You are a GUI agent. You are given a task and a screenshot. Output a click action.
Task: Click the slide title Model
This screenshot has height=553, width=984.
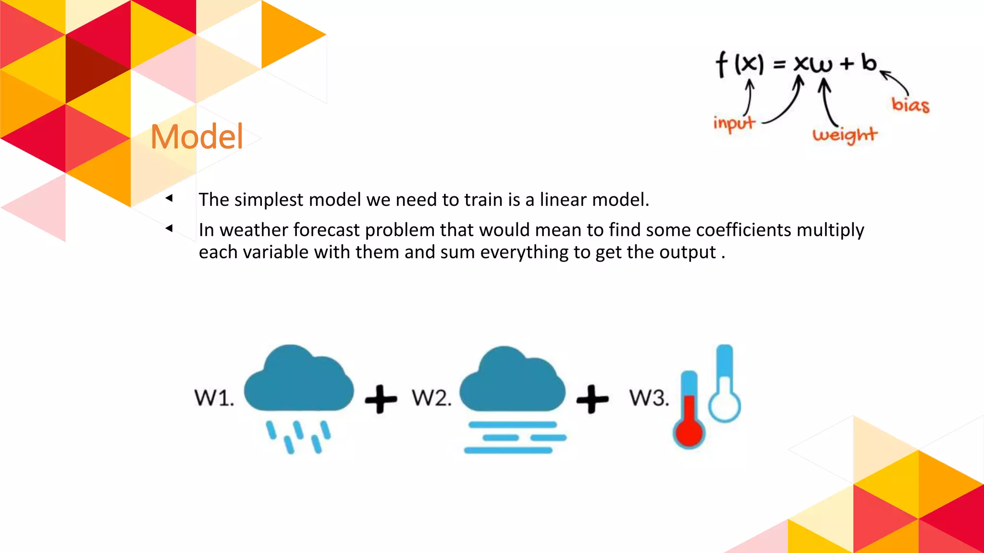pos(197,137)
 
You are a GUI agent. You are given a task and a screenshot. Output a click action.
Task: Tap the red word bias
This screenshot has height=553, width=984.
pos(910,105)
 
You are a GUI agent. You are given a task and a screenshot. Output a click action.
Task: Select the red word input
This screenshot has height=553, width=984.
pos(734,123)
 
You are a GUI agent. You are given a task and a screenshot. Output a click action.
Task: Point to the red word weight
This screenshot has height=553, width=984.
pos(845,135)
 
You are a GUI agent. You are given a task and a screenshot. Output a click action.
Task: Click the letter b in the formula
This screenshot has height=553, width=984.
pos(869,63)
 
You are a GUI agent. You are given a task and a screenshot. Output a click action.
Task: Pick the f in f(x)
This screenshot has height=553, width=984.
pos(722,64)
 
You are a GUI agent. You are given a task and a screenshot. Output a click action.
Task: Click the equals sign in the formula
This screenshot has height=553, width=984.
pos(779,64)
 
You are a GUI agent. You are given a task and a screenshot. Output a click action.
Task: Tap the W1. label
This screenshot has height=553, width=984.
pos(214,398)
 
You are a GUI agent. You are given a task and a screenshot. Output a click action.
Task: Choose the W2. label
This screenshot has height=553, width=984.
pos(431,398)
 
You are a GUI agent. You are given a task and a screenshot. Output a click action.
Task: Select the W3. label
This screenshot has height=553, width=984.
pos(649,398)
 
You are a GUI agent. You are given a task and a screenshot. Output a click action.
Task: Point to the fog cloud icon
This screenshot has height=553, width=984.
pos(513,398)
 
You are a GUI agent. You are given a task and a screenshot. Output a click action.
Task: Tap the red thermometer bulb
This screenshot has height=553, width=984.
pos(689,432)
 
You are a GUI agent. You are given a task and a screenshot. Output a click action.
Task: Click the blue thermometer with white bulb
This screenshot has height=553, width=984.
pos(725,384)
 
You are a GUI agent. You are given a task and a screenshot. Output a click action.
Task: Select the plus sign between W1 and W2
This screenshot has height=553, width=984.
pos(381,399)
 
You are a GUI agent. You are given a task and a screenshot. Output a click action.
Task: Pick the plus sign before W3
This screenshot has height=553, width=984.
pos(592,399)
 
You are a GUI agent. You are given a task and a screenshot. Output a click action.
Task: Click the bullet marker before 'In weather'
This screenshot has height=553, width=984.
pos(169,228)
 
